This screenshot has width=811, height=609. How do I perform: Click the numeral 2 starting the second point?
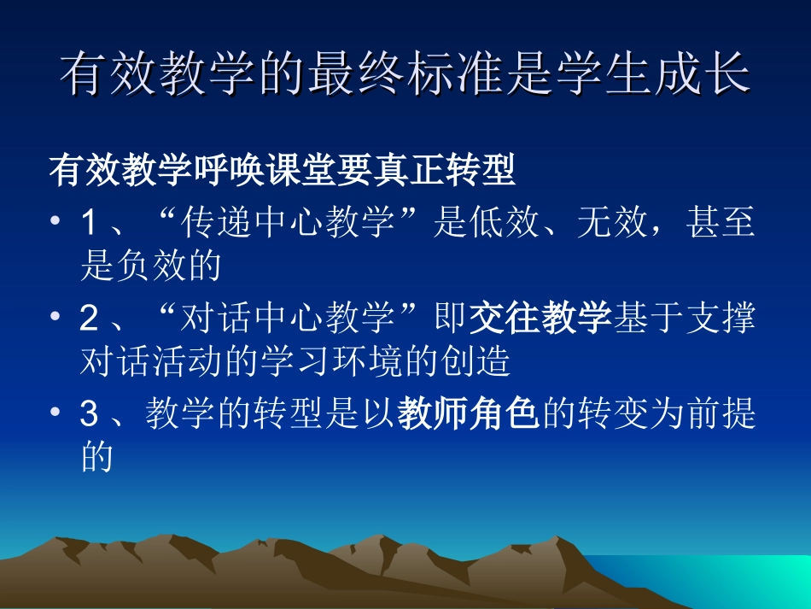[90, 320]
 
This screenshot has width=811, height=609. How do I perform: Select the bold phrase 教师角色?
[470, 415]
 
